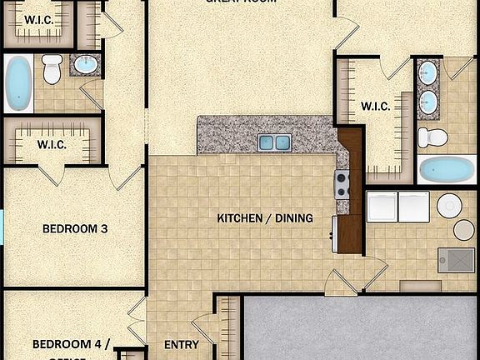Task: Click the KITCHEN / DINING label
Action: [265, 218]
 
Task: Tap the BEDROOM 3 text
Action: [76, 227]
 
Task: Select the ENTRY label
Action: [181, 344]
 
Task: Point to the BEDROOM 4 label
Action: [71, 344]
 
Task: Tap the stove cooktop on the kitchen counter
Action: [342, 183]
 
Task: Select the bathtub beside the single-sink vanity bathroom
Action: [18, 83]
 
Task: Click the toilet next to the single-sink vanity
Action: [52, 70]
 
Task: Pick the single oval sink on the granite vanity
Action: [84, 64]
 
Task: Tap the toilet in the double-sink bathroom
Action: [432, 137]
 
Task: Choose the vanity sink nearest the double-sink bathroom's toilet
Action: [428, 102]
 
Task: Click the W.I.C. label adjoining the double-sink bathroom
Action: [375, 106]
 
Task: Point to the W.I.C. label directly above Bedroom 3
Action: [52, 144]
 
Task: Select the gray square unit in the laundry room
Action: [456, 259]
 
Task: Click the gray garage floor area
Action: [358, 329]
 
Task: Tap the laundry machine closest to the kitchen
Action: [382, 206]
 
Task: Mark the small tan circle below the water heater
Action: [463, 230]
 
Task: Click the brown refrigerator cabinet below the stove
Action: [351, 233]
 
